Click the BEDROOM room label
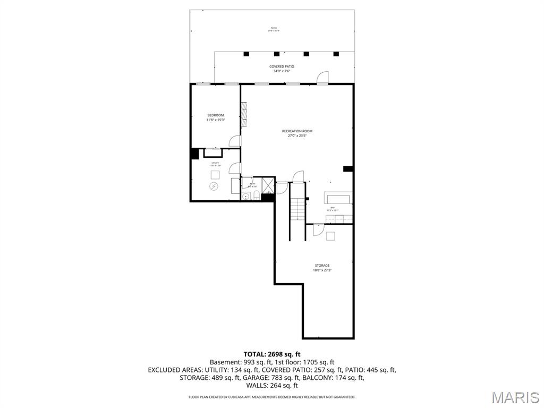click(215, 115)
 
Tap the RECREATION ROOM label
click(297, 131)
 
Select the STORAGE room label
click(321, 266)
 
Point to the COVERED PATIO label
click(282, 66)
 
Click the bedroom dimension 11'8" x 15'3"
click(215, 120)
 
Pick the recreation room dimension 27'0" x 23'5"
click(297, 135)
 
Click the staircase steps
click(297, 210)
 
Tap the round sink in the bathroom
click(245, 197)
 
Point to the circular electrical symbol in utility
click(214, 186)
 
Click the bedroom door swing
click(234, 141)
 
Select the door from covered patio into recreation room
click(322, 79)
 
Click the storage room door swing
click(318, 230)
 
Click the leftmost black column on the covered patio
click(246, 54)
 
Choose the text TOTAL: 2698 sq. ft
click(272, 354)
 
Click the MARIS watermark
click(515, 397)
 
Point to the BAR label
click(333, 208)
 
